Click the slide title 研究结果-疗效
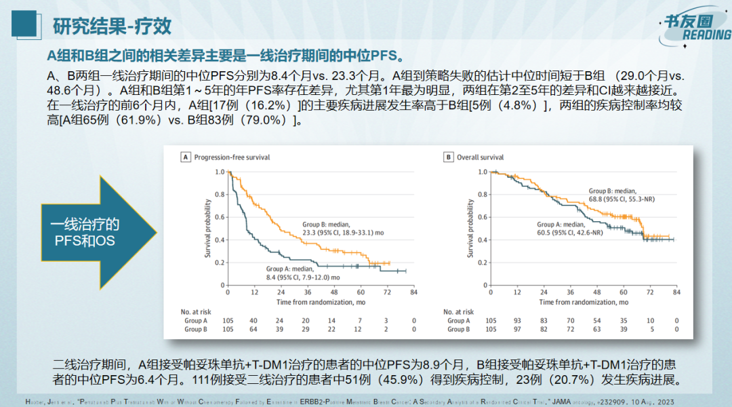click(112, 26)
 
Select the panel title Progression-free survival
click(232, 157)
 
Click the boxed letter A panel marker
click(185, 157)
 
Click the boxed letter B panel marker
click(448, 157)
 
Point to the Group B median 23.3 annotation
click(343, 228)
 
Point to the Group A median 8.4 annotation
click(303, 273)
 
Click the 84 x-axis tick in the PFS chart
click(413, 292)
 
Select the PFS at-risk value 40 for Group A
click(253, 320)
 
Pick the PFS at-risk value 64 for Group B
click(253, 329)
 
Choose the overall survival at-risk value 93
click(516, 320)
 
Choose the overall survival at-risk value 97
click(516, 329)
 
